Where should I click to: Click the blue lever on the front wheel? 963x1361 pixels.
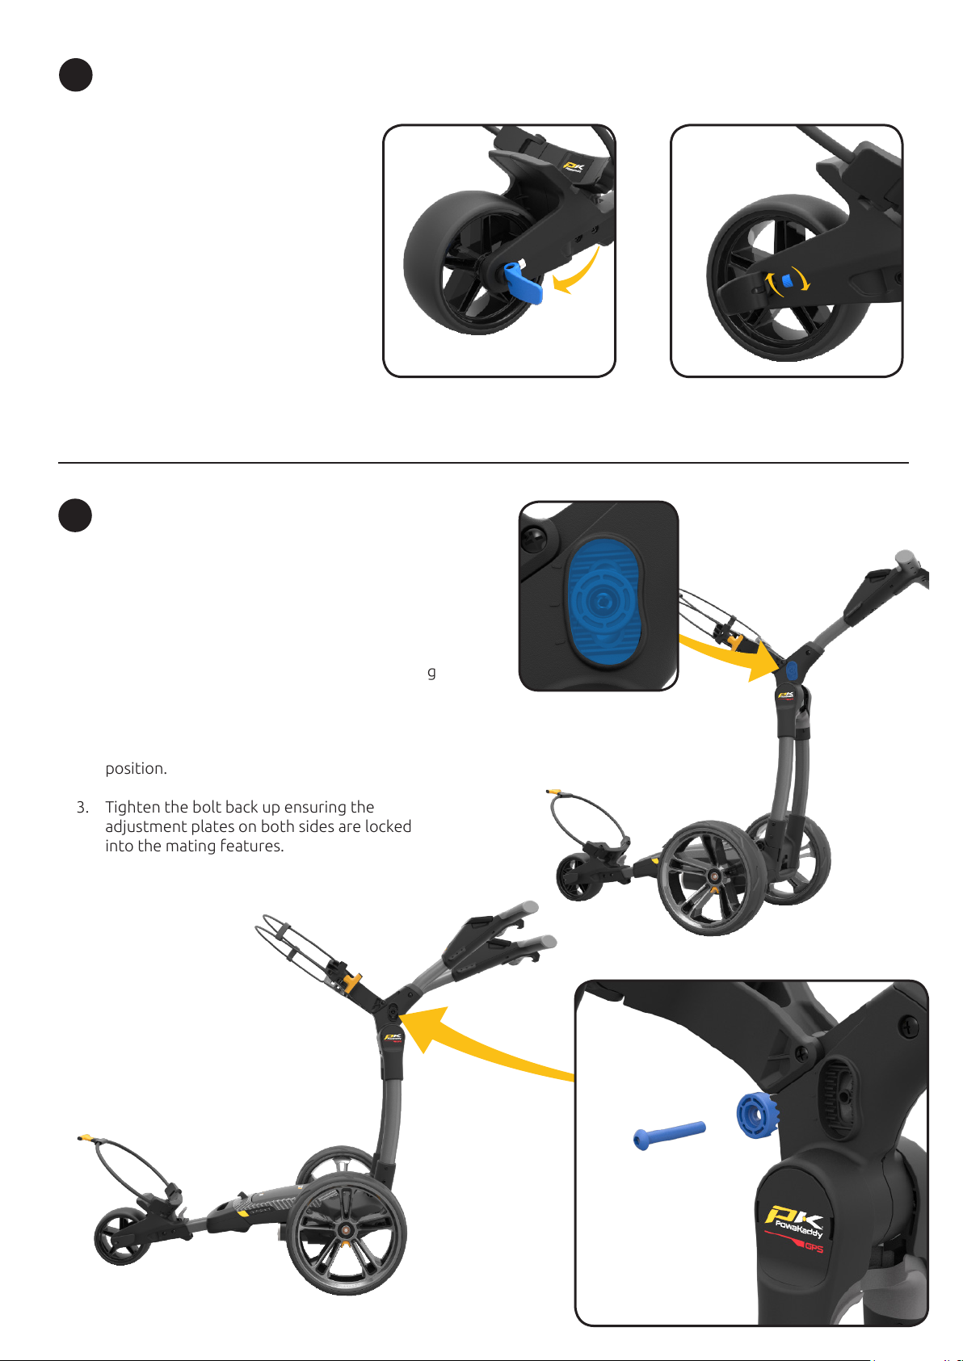524,284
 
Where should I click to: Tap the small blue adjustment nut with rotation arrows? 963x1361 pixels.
787,280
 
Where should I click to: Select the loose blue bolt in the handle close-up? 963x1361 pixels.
669,1134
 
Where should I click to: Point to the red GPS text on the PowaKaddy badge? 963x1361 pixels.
814,1247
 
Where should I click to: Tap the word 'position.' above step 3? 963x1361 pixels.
136,769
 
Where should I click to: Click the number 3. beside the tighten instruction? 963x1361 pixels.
82,808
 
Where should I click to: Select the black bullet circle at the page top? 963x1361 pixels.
75,75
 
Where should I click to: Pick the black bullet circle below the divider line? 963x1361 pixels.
75,515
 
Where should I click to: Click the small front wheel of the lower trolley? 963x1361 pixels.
122,1237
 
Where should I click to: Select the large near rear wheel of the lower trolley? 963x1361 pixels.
346,1234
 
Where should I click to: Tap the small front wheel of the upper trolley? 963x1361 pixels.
579,877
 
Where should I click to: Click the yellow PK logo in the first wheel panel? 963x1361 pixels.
573,166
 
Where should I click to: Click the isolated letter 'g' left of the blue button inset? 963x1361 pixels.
431,673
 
